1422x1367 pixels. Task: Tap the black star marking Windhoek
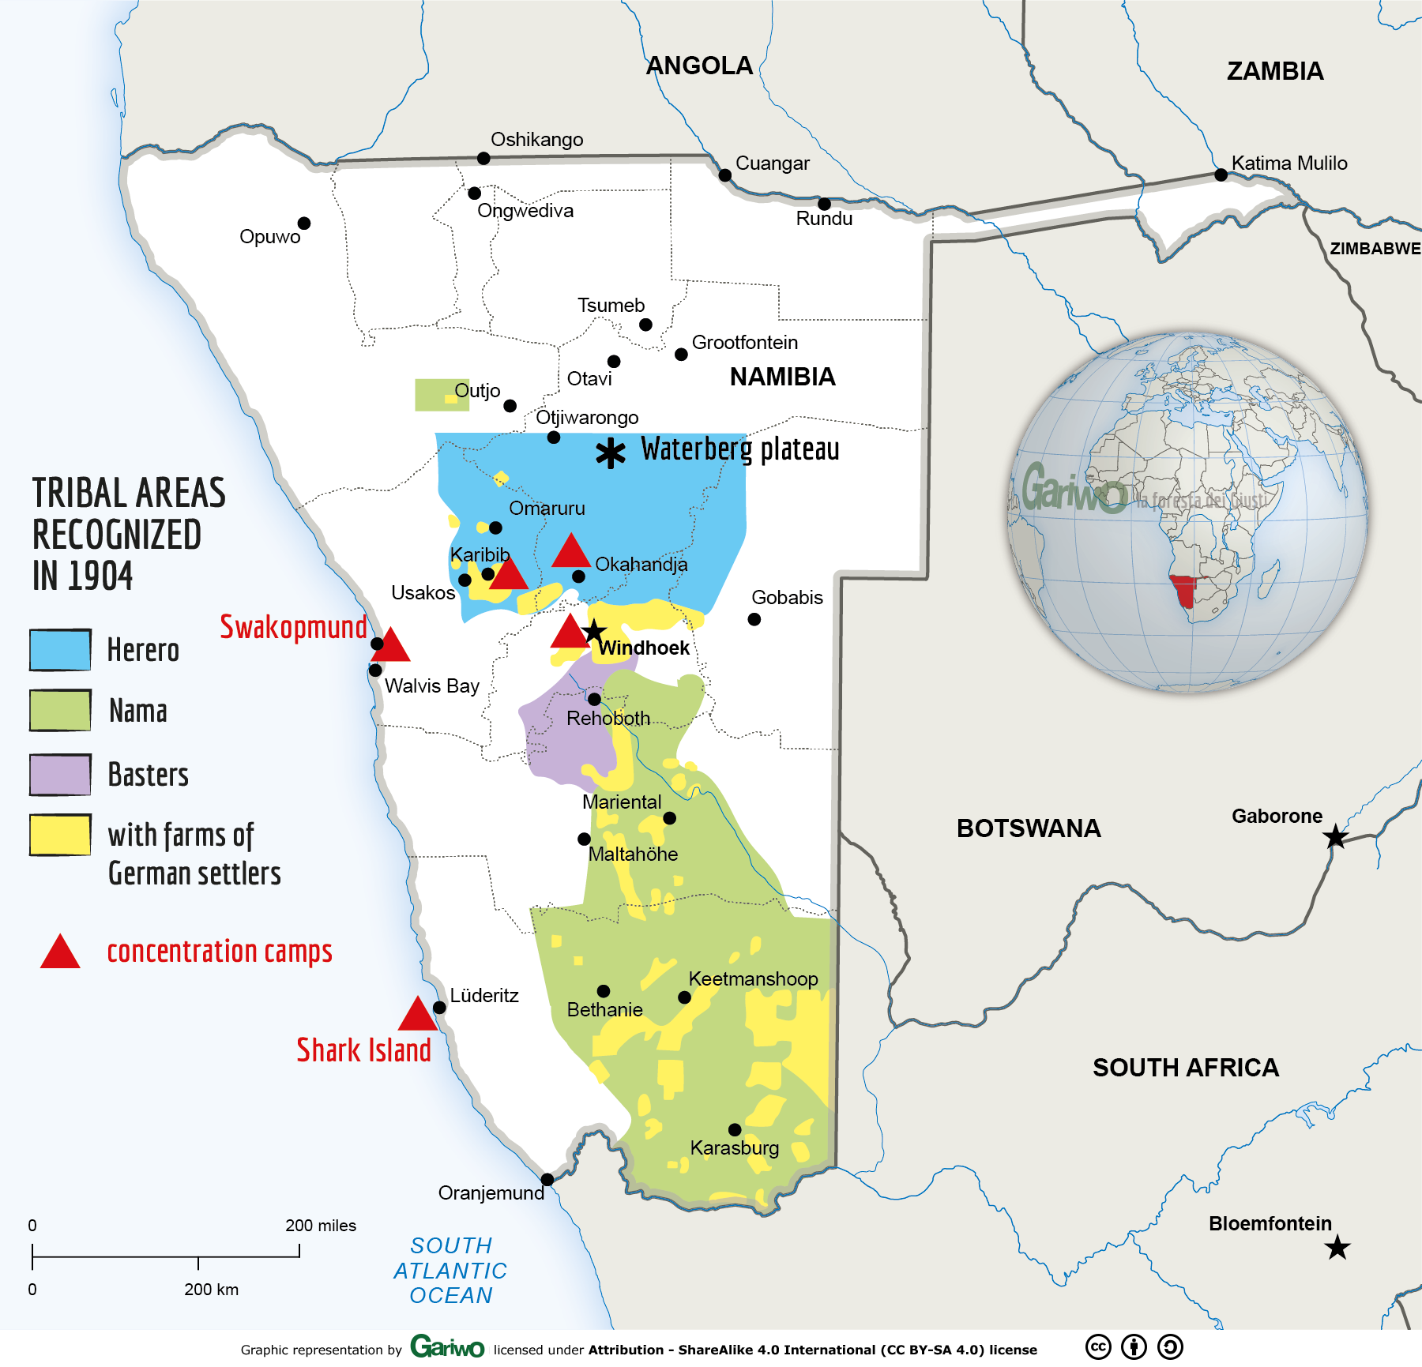pyautogui.click(x=594, y=631)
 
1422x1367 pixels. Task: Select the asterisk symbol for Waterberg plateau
pyautogui.click(x=610, y=453)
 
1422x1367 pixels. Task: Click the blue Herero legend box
pyautogui.click(x=60, y=650)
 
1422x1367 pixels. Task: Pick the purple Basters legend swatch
pyautogui.click(x=60, y=774)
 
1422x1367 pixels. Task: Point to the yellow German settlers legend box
pyautogui.click(x=60, y=835)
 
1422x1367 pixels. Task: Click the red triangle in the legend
pyautogui.click(x=60, y=953)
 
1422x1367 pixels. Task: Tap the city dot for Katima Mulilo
pyautogui.click(x=1221, y=175)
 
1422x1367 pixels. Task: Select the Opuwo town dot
pyautogui.click(x=303, y=223)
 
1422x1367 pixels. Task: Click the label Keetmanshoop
pyautogui.click(x=753, y=978)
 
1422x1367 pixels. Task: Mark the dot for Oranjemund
pyautogui.click(x=547, y=1179)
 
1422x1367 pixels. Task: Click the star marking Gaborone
pyautogui.click(x=1335, y=836)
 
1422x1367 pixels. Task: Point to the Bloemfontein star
pyautogui.click(x=1337, y=1248)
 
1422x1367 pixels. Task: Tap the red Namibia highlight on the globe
pyautogui.click(x=1184, y=591)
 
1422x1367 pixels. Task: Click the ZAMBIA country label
pyautogui.click(x=1274, y=71)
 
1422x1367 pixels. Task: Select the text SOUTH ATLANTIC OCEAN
pyautogui.click(x=450, y=1270)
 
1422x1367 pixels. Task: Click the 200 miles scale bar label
pyautogui.click(x=320, y=1226)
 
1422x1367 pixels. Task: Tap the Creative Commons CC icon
pyautogui.click(x=1098, y=1346)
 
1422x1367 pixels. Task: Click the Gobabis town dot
pyautogui.click(x=754, y=619)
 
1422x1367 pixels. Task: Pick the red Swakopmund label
pyautogui.click(x=293, y=627)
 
